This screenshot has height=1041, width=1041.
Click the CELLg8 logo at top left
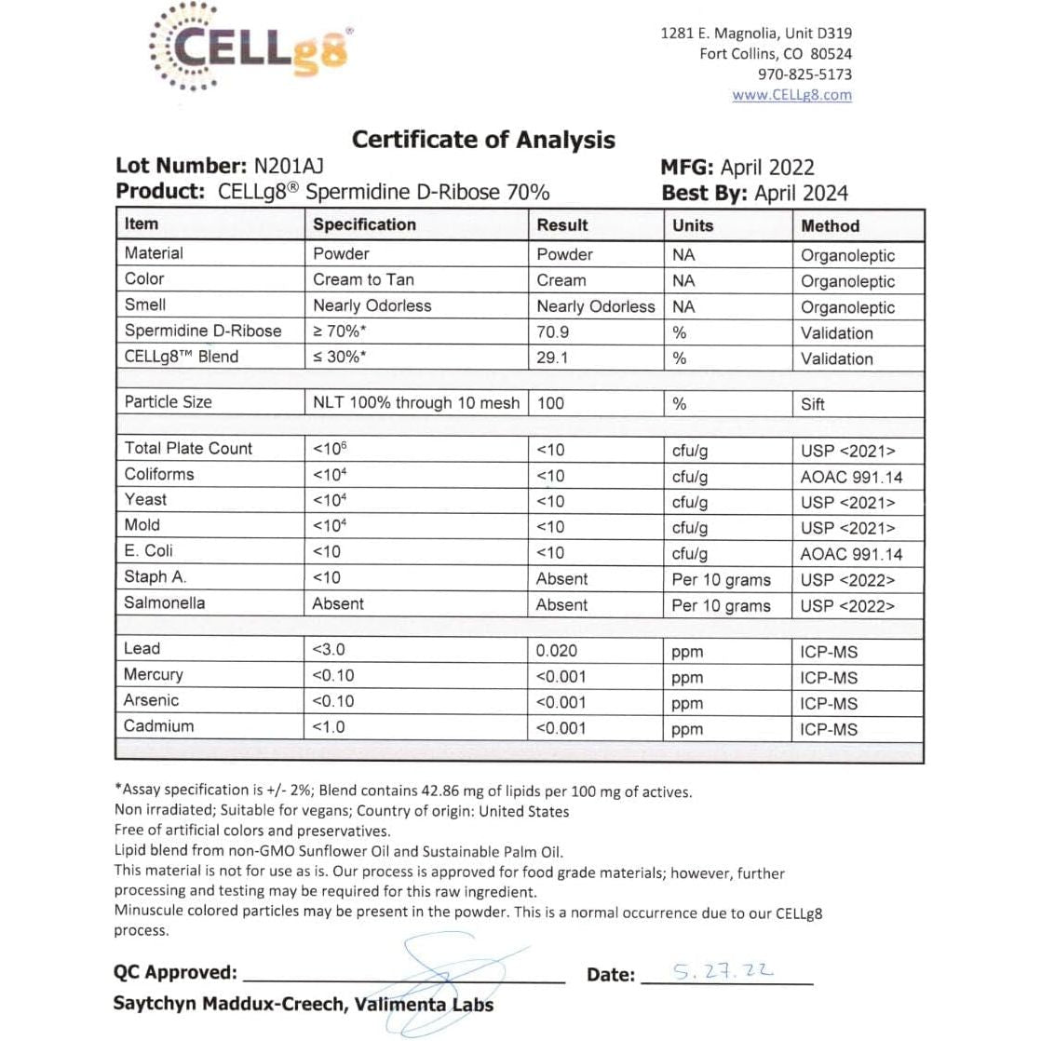[x=250, y=47]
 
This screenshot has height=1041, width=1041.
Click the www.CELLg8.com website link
[x=791, y=95]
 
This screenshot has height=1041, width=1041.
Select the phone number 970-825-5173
[x=804, y=74]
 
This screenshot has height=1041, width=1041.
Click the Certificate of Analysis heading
[x=483, y=140]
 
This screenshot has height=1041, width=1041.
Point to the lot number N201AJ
[x=289, y=167]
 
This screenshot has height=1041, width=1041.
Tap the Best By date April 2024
[x=801, y=194]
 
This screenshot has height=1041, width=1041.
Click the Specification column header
[x=364, y=224]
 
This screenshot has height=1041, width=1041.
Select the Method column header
[x=830, y=225]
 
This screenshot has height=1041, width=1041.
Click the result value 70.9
[x=553, y=331]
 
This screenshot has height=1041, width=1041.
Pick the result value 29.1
[x=552, y=358]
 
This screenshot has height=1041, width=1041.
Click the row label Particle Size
[x=169, y=402]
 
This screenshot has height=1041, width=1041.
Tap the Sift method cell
[x=812, y=404]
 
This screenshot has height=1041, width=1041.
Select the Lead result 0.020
[x=557, y=651]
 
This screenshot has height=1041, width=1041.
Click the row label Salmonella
[x=165, y=602]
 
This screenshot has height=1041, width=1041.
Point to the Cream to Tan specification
[x=363, y=279]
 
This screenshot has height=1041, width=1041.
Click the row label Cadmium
[x=159, y=726]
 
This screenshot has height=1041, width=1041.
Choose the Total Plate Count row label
[x=188, y=448]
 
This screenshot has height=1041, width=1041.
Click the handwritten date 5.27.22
[x=723, y=972]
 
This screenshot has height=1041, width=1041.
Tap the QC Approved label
[x=175, y=973]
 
